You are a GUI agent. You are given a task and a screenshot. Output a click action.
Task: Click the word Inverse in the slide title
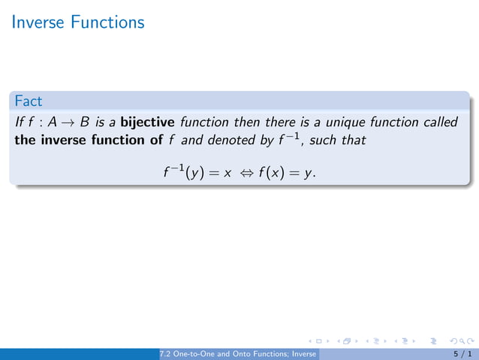40,23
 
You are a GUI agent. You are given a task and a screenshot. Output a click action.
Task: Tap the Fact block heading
28,100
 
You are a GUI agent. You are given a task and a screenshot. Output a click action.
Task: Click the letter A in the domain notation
53,123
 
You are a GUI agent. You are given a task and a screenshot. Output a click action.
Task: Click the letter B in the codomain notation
84,123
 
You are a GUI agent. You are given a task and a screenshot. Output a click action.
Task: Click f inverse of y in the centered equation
180,173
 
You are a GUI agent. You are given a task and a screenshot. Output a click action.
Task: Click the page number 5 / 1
462,353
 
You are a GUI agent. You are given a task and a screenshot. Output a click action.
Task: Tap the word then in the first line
247,123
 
